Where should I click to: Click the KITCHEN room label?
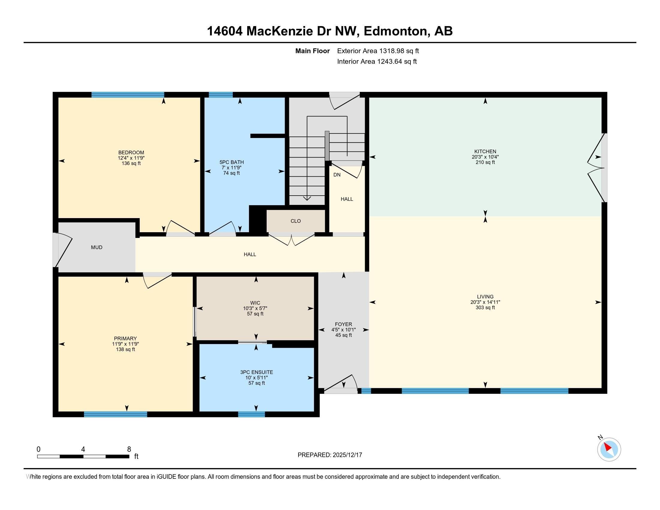(485, 151)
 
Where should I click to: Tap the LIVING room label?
(485, 297)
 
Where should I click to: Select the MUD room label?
(97, 247)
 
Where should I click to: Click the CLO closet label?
(295, 221)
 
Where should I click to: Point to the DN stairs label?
(337, 175)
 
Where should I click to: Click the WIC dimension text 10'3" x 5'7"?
(255, 308)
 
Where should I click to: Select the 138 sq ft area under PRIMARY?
(125, 349)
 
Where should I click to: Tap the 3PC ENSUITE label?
(256, 373)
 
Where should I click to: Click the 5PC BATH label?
(232, 162)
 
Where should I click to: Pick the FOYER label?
(343, 325)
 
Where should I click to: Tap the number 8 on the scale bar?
(129, 449)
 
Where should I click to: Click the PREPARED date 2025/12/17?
(347, 455)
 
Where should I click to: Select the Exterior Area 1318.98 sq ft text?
(378, 51)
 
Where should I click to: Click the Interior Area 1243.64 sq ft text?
(376, 61)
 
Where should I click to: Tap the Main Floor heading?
(312, 51)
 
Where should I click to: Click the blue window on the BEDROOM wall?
(127, 94)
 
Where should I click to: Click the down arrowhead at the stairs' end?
(307, 198)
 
